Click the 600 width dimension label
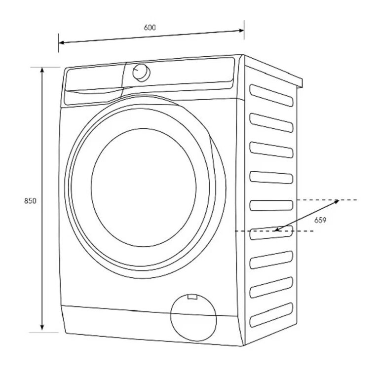(x=150, y=28)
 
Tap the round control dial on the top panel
(x=141, y=72)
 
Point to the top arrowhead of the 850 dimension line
(x=43, y=71)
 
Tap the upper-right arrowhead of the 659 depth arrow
(x=336, y=201)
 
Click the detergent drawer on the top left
(x=94, y=81)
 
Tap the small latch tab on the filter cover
(x=192, y=297)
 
